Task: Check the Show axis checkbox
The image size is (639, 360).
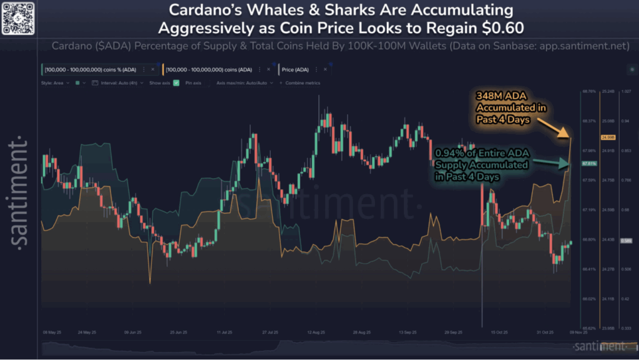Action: pos(176,82)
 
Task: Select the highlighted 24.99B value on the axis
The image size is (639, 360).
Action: pos(608,137)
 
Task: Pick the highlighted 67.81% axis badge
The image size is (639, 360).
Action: pos(588,163)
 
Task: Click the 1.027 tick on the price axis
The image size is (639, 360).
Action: pos(625,91)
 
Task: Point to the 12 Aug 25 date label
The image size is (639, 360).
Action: pos(319,333)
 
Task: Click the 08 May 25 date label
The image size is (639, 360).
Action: pos(52,333)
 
